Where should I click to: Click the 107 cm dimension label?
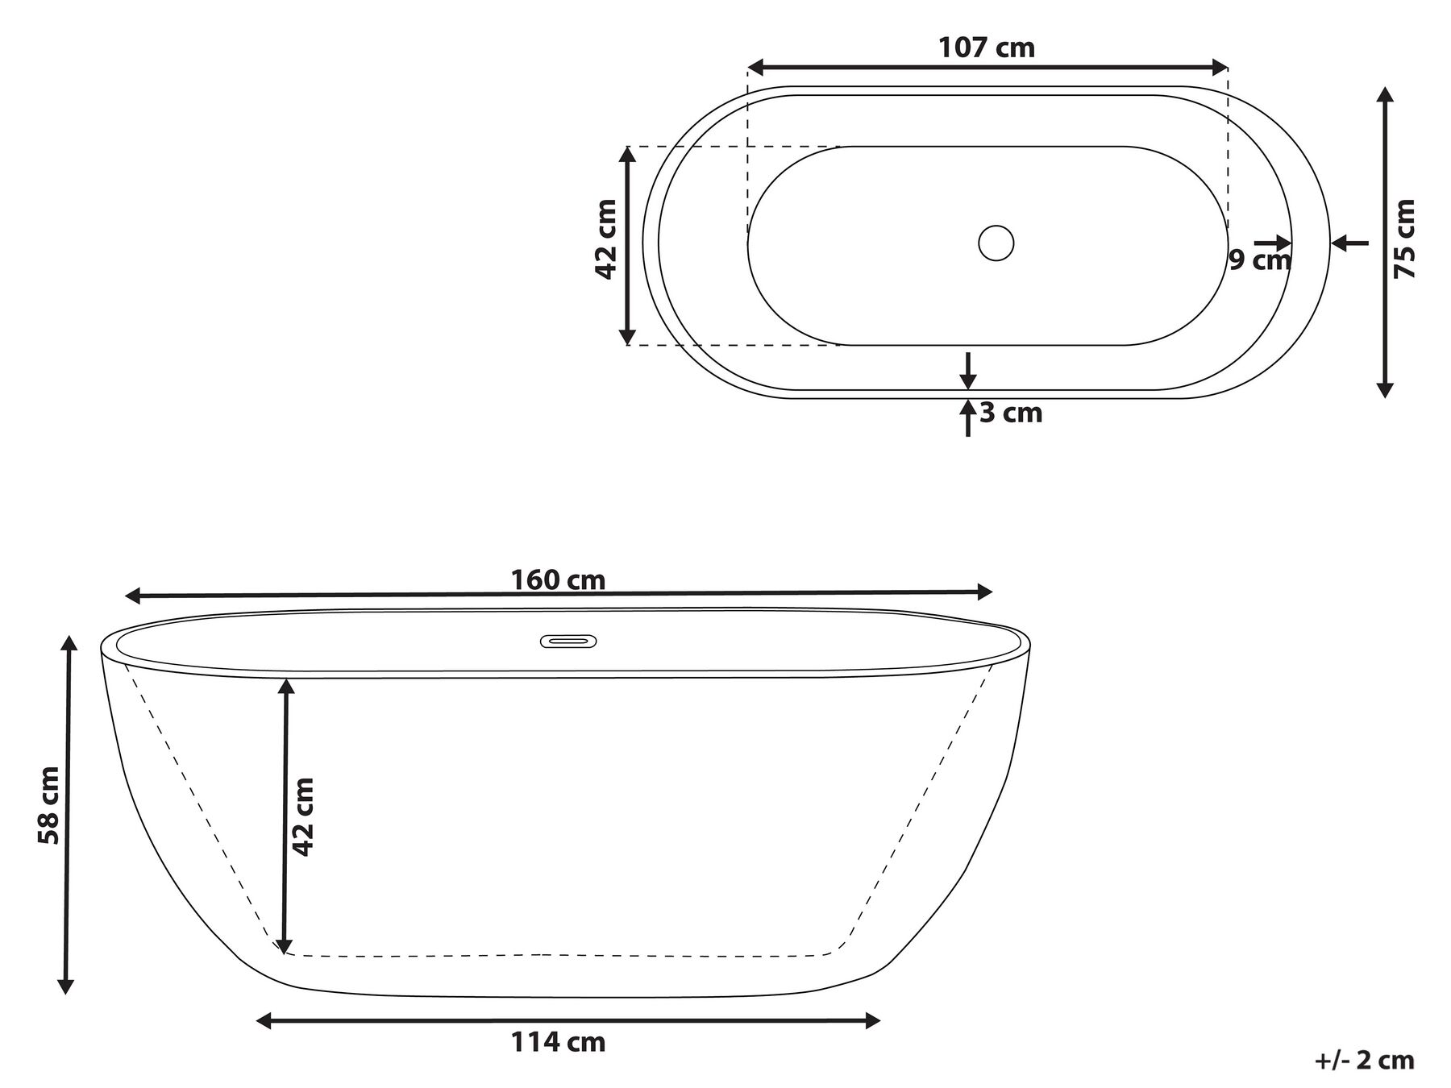pyautogui.click(x=986, y=48)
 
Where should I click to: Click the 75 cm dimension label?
pyautogui.click(x=1404, y=239)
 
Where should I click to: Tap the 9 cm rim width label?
pyautogui.click(x=1259, y=260)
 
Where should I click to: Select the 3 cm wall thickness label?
pyautogui.click(x=1012, y=413)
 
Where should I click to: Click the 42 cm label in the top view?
pyautogui.click(x=606, y=239)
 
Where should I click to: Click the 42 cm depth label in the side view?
pyautogui.click(x=302, y=816)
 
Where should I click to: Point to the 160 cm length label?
pyautogui.click(x=558, y=579)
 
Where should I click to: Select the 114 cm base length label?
pyautogui.click(x=558, y=1042)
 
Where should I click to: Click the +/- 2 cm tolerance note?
pyautogui.click(x=1364, y=1061)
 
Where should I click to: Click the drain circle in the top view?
pyautogui.click(x=996, y=243)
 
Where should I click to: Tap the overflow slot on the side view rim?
pyautogui.click(x=568, y=642)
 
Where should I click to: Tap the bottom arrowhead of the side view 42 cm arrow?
pyautogui.click(x=283, y=946)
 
